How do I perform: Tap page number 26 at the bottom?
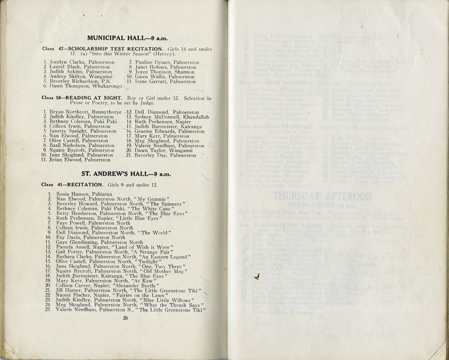125,318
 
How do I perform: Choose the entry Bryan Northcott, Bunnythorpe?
82,111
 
